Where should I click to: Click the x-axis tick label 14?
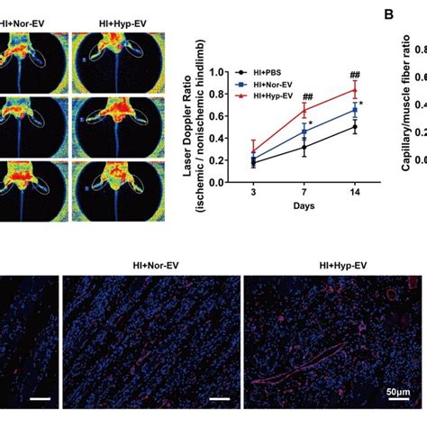(x=355, y=189)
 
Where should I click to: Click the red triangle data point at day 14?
(x=355, y=89)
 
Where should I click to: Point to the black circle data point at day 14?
(x=355, y=127)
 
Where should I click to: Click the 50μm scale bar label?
(x=398, y=394)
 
